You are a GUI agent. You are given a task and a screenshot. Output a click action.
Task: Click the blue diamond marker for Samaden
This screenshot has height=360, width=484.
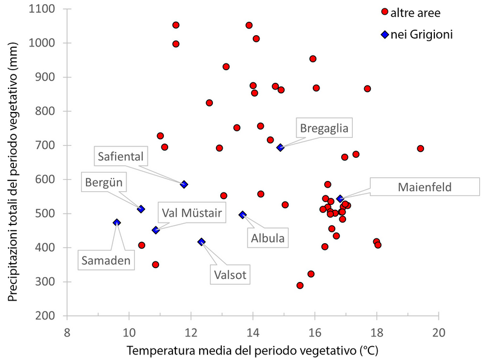(117, 223)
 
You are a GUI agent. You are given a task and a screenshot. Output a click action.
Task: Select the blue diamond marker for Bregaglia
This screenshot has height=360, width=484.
(280, 147)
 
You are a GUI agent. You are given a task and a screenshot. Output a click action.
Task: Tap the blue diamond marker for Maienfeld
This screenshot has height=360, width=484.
(340, 198)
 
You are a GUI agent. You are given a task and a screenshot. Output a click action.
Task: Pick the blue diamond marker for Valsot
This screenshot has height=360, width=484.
(201, 241)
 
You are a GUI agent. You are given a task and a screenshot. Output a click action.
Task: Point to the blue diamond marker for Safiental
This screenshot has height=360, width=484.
(184, 185)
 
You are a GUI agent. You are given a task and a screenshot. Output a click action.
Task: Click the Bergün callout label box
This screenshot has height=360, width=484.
(103, 182)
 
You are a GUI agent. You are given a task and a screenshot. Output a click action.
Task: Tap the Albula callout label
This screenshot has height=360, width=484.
(267, 238)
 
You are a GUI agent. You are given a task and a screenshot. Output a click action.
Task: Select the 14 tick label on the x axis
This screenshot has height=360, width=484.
(252, 332)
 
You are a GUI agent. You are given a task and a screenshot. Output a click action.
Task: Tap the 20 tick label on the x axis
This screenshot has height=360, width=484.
(439, 332)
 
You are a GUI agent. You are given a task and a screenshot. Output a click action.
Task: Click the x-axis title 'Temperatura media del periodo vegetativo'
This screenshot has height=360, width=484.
(252, 350)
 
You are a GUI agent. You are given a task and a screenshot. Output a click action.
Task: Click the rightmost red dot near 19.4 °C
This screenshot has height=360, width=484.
(420, 149)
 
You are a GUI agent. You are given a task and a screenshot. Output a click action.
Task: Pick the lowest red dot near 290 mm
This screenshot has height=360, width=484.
(300, 286)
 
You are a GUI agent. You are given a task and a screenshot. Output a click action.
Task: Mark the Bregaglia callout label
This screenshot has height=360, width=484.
(325, 128)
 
